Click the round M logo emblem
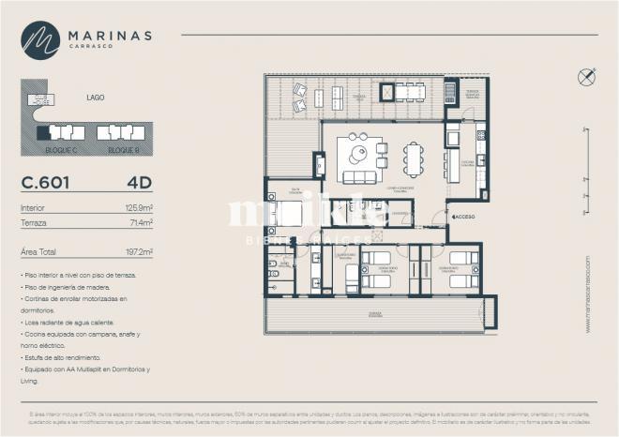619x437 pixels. pyautogui.click(x=40, y=40)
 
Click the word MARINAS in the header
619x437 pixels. pyautogui.click(x=109, y=35)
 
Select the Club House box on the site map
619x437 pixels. pyautogui.click(x=39, y=98)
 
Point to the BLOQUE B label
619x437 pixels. pyautogui.click(x=123, y=150)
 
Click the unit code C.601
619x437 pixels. pyautogui.click(x=45, y=183)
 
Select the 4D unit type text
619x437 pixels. pyautogui.click(x=140, y=183)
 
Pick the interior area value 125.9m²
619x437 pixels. pyautogui.click(x=137, y=207)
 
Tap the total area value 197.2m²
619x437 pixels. pyautogui.click(x=137, y=252)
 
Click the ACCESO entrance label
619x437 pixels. pyautogui.click(x=464, y=217)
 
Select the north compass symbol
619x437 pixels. pyautogui.click(x=586, y=78)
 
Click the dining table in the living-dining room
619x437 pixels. pyautogui.click(x=414, y=158)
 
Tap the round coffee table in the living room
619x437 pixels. pyautogui.click(x=358, y=153)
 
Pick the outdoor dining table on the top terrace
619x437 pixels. pyautogui.click(x=410, y=92)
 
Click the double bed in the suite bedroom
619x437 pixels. pyautogui.click(x=286, y=214)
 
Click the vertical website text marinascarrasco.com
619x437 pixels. pyautogui.click(x=588, y=294)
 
